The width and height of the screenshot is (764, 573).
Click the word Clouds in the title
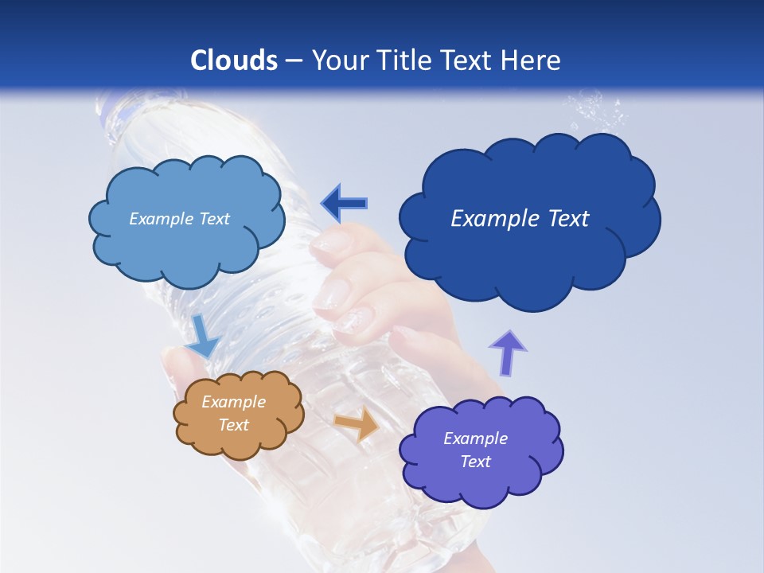click(234, 60)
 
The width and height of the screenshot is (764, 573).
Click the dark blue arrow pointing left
click(345, 203)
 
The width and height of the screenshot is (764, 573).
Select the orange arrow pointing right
click(357, 425)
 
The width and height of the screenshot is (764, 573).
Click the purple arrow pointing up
click(508, 353)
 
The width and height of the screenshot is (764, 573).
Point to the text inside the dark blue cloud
click(520, 219)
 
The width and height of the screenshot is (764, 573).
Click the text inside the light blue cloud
click(179, 219)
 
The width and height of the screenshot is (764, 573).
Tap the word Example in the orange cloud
click(233, 402)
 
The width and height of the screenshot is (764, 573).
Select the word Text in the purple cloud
click(475, 462)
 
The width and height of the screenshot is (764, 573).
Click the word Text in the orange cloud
click(233, 425)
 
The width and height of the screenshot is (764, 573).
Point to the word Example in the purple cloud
click(475, 439)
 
